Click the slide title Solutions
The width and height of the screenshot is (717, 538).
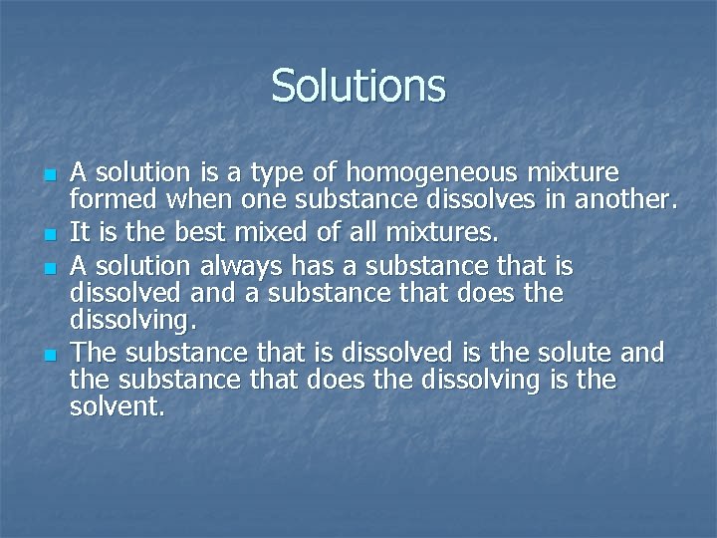coord(358,86)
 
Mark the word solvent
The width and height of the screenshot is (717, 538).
coord(117,407)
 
